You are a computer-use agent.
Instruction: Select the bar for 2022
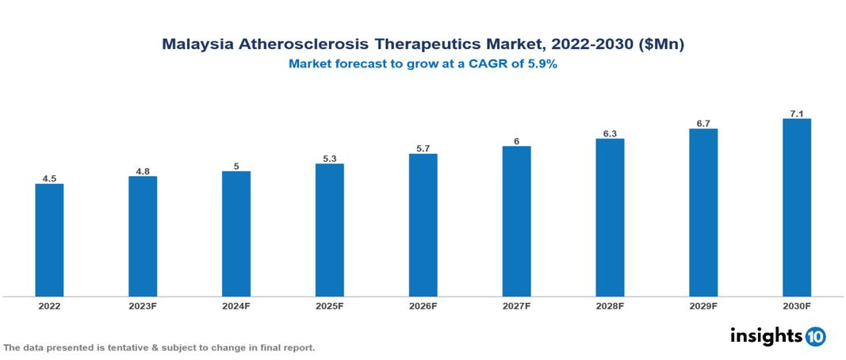[x=49, y=240]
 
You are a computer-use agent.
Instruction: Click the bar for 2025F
[x=329, y=230]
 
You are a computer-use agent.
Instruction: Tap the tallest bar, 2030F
[x=796, y=208]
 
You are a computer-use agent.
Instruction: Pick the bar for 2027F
[x=516, y=221]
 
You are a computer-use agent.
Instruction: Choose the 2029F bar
[x=703, y=213]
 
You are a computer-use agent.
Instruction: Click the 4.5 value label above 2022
[x=49, y=178]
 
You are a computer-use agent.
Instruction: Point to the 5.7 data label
[x=423, y=148]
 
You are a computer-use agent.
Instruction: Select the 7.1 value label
[x=796, y=114]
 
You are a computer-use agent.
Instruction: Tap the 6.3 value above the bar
[x=610, y=133]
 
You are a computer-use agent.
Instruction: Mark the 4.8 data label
[x=143, y=170]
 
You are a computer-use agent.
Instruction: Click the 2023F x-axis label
[x=143, y=306]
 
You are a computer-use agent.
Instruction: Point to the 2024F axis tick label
[x=236, y=306]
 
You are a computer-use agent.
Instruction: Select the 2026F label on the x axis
[x=423, y=306]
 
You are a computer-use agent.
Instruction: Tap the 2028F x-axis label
[x=610, y=306]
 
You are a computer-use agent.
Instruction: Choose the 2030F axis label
[x=796, y=306]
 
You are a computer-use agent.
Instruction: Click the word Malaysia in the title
[x=196, y=44]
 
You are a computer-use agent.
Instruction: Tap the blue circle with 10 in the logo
[x=815, y=336]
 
